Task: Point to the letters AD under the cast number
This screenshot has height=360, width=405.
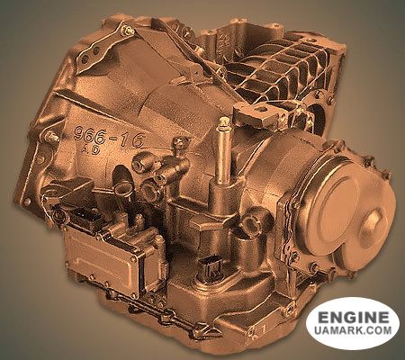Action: pos(91,150)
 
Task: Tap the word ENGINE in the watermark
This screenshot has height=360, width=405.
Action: pos(353,318)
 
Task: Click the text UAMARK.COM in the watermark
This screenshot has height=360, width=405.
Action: pos(353,330)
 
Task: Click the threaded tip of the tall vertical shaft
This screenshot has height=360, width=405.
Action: pos(224,123)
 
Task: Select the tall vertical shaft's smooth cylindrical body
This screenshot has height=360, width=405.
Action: pos(224,156)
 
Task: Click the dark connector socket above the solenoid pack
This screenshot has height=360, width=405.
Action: pos(84,217)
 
